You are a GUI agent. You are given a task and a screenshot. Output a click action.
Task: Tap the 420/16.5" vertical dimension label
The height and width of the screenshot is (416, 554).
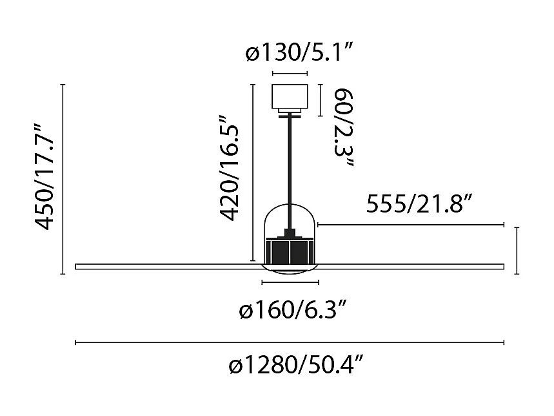tap(232, 169)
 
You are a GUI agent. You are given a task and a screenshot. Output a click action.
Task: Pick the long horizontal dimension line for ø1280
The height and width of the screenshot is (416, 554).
tap(290, 342)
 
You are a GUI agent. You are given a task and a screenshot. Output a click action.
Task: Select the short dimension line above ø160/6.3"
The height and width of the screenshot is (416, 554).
tap(290, 282)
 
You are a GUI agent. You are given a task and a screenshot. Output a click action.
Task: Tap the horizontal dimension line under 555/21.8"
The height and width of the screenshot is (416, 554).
tap(410, 225)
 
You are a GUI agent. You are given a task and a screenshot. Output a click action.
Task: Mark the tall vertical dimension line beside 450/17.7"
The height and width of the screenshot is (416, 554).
tap(63, 180)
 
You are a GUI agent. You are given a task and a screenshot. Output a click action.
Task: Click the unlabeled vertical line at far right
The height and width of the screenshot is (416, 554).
tap(517, 251)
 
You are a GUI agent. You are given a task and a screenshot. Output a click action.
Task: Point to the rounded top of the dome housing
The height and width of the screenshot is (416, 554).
tap(290, 207)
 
